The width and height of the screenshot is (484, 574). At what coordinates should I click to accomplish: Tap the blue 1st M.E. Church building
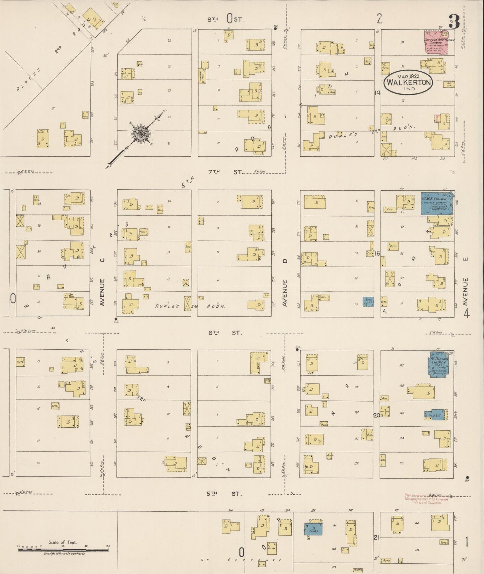click(436, 203)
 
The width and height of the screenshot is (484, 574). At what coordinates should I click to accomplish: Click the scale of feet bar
click(64, 550)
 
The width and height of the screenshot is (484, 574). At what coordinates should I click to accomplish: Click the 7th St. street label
click(225, 172)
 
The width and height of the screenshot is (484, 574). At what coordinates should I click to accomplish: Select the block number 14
click(377, 93)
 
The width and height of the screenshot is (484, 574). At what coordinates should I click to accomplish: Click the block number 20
click(377, 415)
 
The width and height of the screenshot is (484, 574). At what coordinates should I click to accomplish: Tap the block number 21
click(377, 537)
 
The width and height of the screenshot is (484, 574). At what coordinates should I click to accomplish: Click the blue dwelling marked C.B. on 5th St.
click(314, 529)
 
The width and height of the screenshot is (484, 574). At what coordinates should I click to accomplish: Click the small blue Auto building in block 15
click(368, 301)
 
